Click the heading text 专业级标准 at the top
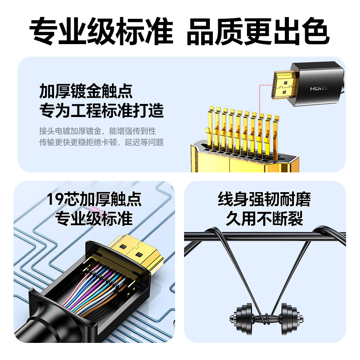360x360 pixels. (x=101, y=30)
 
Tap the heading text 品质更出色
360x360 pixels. (x=258, y=30)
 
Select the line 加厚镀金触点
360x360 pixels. (x=86, y=91)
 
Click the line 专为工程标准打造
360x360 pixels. (x=101, y=110)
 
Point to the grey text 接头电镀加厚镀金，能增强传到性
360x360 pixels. (x=97, y=131)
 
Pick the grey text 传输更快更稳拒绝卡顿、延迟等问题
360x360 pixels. (x=101, y=143)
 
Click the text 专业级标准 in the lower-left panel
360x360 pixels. (x=94, y=218)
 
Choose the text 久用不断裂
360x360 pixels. (x=265, y=219)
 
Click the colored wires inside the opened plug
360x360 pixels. (x=97, y=288)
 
